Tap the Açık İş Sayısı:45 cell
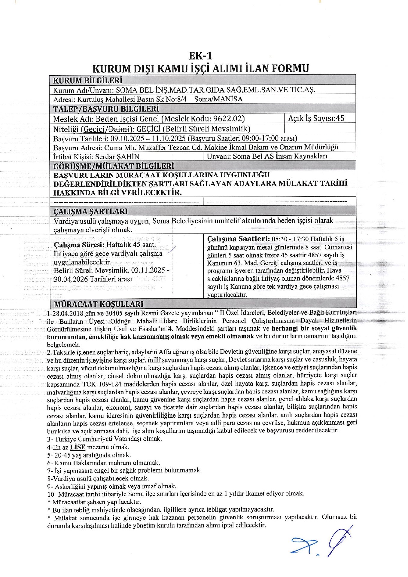(x=316, y=118)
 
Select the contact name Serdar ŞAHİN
(x=117, y=157)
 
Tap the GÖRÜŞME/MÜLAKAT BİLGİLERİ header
(x=114, y=166)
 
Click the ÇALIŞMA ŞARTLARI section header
(x=90, y=211)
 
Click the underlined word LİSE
(x=78, y=447)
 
